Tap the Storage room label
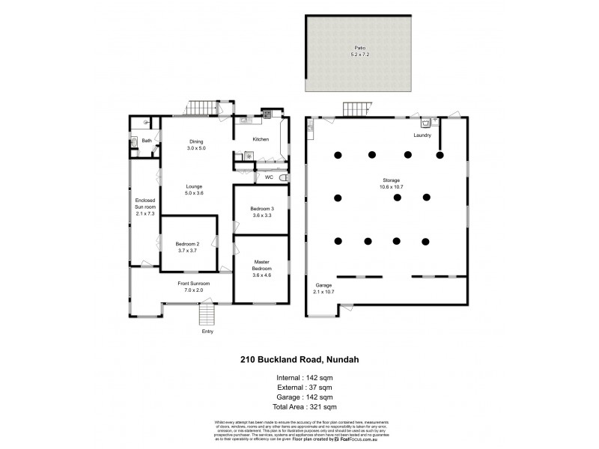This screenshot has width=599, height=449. click(x=389, y=184)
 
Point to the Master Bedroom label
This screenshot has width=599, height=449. click(x=261, y=269)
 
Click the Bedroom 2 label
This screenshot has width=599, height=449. click(x=186, y=247)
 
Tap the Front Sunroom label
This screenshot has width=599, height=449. click(x=193, y=287)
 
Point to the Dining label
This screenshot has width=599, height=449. click(x=196, y=145)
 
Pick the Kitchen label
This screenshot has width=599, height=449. click(x=260, y=139)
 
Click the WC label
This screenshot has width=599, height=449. click(x=267, y=177)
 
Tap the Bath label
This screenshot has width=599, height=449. click(x=146, y=140)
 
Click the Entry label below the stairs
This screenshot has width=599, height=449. click(x=207, y=332)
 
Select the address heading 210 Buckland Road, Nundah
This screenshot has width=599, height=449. click(x=299, y=359)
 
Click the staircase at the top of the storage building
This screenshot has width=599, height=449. click(x=357, y=110)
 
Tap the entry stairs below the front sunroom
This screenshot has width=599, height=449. click(x=207, y=314)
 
